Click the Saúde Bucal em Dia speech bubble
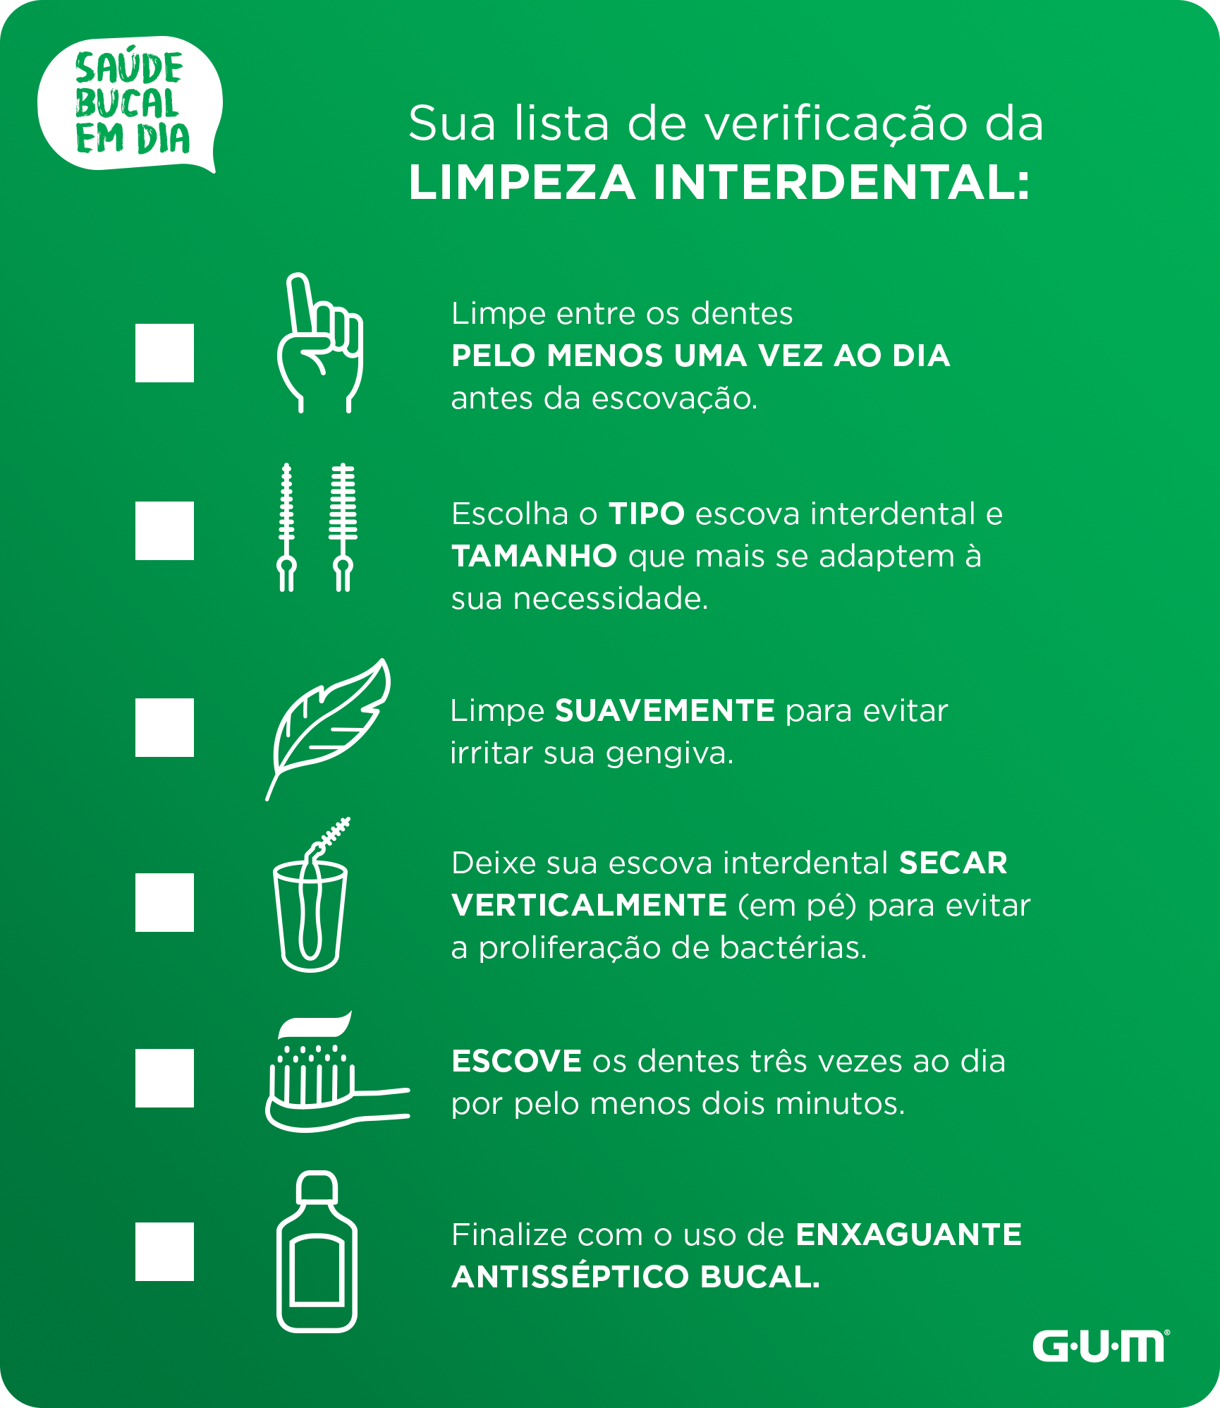pos(130,103)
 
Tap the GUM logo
pos(1101,1346)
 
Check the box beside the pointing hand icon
pos(164,353)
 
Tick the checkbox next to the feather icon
pos(164,727)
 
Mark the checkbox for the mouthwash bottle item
pos(164,1251)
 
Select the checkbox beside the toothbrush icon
pos(164,1078)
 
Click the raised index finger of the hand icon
pos(301,303)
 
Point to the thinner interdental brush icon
pos(286,527)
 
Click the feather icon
pos(328,729)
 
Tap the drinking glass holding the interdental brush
pos(310,917)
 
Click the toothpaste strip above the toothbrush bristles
pos(315,1024)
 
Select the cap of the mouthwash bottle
pos(317,1187)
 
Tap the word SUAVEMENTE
pos(665,710)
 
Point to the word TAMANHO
pos(535,556)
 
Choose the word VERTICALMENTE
pos(590,905)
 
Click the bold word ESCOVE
pos(517,1061)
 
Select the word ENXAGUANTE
pos(909,1234)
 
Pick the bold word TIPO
pos(647,514)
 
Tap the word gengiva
pos(670,754)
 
